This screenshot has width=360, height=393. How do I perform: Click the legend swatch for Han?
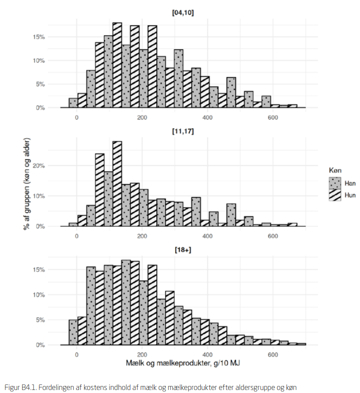tap(334, 183)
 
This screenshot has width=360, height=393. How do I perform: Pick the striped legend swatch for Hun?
tap(334, 195)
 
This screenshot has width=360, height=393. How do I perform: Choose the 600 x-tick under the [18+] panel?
tap(273, 355)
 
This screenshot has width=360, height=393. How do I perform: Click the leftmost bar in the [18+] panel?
tap(73, 332)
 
